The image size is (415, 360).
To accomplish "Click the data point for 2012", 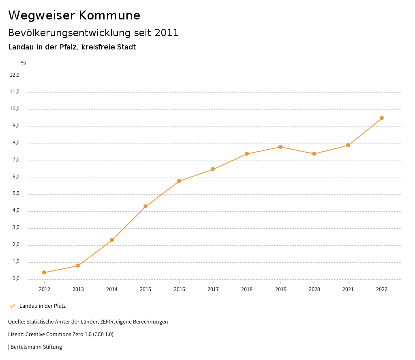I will [x=44, y=272].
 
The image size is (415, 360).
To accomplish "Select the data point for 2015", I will [x=145, y=206].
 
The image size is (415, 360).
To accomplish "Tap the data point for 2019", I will [x=280, y=147].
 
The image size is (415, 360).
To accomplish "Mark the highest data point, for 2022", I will [x=382, y=118].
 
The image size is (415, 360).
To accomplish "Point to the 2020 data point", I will [x=314, y=154].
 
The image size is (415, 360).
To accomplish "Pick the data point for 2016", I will [x=179, y=181].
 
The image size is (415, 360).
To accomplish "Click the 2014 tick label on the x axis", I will [x=112, y=289].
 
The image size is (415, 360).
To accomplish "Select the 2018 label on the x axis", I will [x=247, y=289].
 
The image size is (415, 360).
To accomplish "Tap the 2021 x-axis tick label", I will [x=348, y=289].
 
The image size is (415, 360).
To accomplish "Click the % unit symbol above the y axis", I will [x=24, y=63].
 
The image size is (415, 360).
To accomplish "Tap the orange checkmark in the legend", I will [x=12, y=306].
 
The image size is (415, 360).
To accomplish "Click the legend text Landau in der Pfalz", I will [x=43, y=306].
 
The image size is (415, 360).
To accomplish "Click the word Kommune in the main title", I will [x=109, y=15].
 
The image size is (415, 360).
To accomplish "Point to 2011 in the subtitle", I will [x=167, y=33].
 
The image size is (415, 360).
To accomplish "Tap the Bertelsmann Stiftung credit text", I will [x=36, y=347].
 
